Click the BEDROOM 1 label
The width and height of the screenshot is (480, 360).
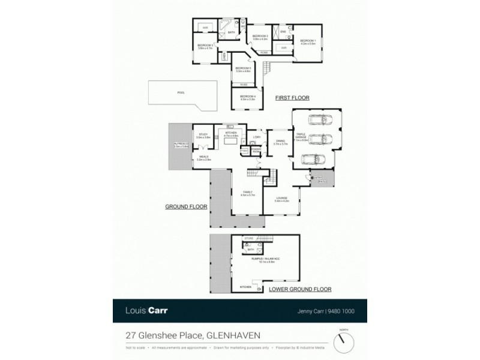point(308,40)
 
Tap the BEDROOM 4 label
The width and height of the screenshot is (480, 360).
point(247,98)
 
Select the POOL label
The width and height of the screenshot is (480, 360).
point(181,92)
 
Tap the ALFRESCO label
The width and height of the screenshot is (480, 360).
point(181,145)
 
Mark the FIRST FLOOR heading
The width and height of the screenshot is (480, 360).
point(292,97)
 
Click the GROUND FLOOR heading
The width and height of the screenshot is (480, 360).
point(186,206)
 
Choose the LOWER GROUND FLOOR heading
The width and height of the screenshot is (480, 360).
point(301,289)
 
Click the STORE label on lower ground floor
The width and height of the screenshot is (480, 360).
point(248,238)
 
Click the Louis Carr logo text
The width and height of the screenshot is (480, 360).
point(146,311)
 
